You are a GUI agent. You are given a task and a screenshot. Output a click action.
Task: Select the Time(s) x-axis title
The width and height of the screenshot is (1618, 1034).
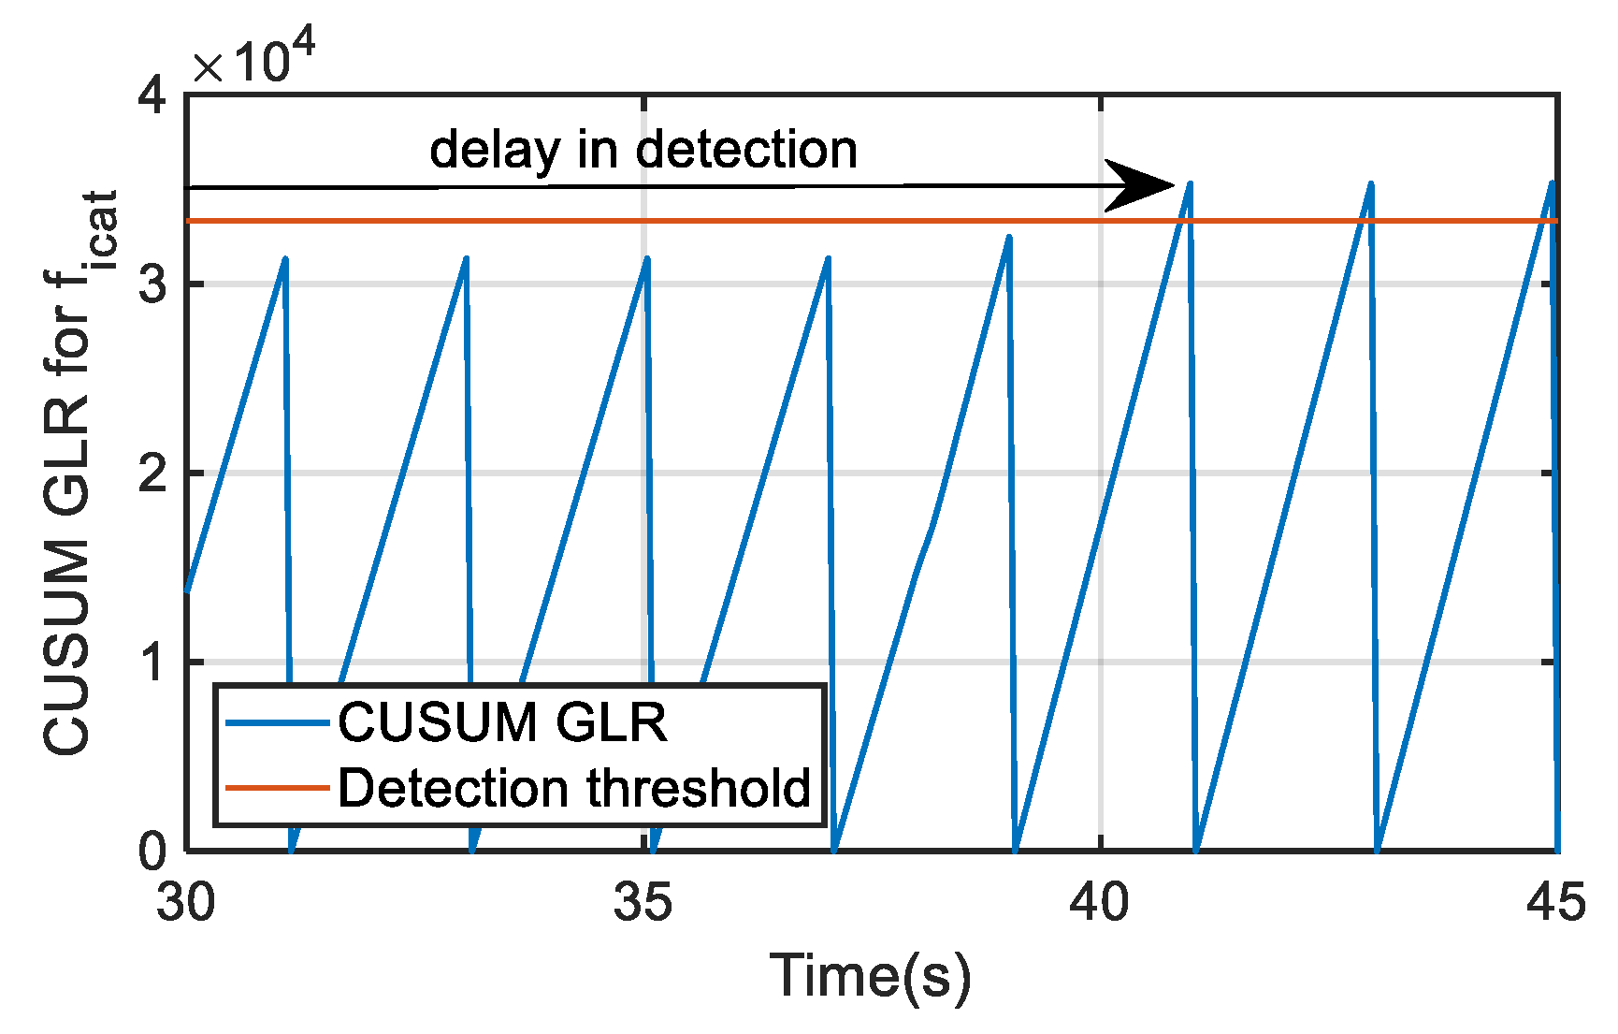(x=870, y=976)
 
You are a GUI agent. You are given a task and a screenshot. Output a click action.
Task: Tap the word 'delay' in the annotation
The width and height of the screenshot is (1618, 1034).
(x=495, y=150)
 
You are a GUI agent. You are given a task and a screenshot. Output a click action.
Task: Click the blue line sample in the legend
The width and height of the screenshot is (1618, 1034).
(x=278, y=722)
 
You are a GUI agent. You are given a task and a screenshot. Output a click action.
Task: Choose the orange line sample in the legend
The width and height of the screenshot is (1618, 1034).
(x=278, y=788)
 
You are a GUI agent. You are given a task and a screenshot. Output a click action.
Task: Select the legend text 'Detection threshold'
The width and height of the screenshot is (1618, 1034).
(x=573, y=788)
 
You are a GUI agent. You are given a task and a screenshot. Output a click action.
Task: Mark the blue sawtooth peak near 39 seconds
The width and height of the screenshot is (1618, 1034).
(x=1009, y=237)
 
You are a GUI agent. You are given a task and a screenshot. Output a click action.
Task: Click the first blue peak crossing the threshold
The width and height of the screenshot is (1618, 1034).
(x=1190, y=183)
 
